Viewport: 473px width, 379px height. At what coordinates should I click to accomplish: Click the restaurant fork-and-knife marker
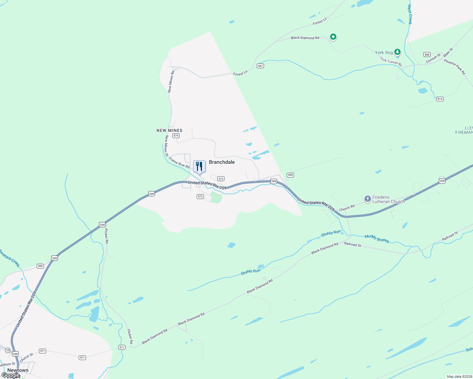pos(199,166)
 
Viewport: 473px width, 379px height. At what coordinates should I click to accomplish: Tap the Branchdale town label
pos(222,162)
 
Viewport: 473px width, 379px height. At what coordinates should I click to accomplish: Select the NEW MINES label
pos(169,130)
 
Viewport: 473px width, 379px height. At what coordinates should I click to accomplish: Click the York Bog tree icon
pos(397,52)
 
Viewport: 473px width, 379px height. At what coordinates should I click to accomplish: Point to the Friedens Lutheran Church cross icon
pos(367,199)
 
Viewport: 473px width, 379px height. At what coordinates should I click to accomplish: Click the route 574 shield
pos(176,135)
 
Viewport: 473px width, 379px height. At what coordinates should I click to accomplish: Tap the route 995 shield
pos(290,175)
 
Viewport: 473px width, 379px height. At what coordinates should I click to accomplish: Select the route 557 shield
pos(260,66)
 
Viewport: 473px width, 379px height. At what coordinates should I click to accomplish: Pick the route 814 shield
pos(440,99)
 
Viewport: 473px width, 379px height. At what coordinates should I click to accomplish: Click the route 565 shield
pos(40,266)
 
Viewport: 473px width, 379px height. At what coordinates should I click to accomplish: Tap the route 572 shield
pos(200,196)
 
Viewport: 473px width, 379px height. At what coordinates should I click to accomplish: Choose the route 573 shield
pos(221,179)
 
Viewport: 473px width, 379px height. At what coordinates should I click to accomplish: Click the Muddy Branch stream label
pos(377,238)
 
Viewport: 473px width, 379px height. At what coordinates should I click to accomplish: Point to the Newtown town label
pos(18,370)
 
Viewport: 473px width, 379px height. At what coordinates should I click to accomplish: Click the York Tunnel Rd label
pos(391,61)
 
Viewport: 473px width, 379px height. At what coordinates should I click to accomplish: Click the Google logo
pos(10,375)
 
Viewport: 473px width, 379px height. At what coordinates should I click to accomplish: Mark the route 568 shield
pos(427,55)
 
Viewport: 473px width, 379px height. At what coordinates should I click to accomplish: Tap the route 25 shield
pos(8,350)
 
